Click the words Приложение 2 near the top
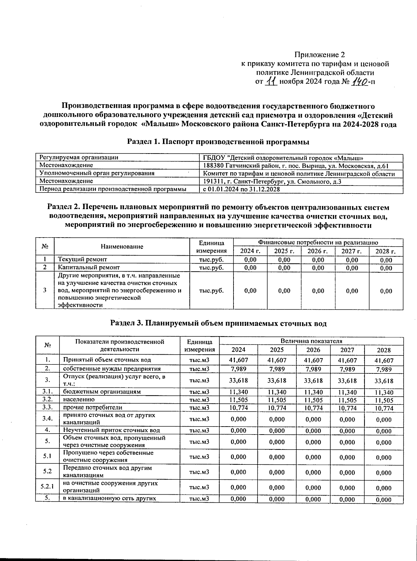pyautogui.click(x=319, y=55)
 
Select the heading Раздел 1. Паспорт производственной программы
pyautogui.click(x=218, y=142)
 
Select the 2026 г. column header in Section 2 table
pyautogui.click(x=318, y=251)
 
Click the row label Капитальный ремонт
pyautogui.click(x=89, y=267)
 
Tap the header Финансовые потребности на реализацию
pyautogui.click(x=318, y=242)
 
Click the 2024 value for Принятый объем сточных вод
pyautogui.click(x=239, y=361)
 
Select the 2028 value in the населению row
pyautogui.click(x=384, y=400)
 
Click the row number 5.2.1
pyautogui.click(x=47, y=487)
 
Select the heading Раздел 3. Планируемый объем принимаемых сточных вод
pyautogui.click(x=218, y=323)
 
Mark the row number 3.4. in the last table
pyautogui.click(x=47, y=419)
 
